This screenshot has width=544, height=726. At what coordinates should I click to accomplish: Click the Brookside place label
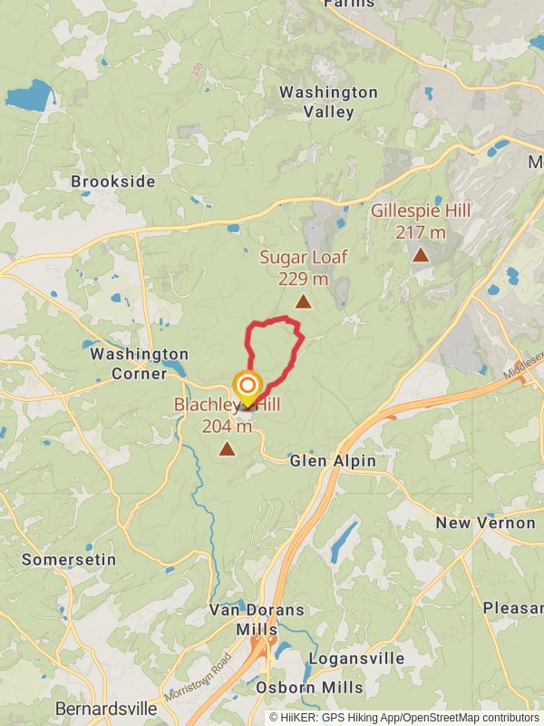[113, 181]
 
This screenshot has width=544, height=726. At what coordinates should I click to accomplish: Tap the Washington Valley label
[328, 102]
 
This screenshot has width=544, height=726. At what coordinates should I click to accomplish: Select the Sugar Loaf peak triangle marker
[303, 301]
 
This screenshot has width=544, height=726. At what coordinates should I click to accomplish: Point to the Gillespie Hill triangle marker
[421, 255]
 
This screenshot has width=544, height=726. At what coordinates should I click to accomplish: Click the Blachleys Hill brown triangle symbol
[227, 447]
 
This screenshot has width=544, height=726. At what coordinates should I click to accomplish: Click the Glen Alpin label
[333, 461]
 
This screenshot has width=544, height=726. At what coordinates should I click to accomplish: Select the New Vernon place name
[485, 524]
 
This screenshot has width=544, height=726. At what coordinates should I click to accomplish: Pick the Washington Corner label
[139, 364]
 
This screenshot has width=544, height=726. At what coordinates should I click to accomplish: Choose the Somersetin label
[69, 559]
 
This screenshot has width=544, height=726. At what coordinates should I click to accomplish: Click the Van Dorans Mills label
[257, 619]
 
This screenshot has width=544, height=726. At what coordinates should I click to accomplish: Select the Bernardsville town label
[100, 708]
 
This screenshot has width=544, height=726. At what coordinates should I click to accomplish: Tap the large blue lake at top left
[29, 95]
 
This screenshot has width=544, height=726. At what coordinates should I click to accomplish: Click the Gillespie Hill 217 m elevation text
[421, 231]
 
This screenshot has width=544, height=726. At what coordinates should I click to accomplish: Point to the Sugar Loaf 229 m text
[303, 279]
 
